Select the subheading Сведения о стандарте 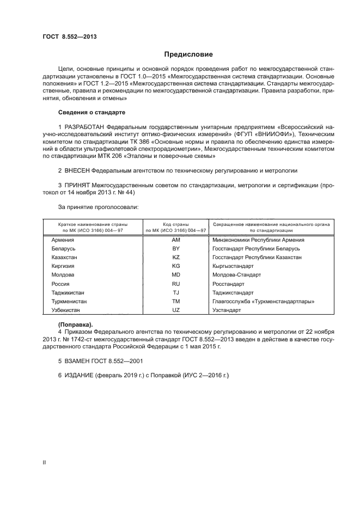click(x=91, y=112)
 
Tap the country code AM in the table click(x=175, y=240)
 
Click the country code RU click(x=175, y=284)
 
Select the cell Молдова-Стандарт click(x=237, y=275)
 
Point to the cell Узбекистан click(x=65, y=310)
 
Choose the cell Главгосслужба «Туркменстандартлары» click(x=264, y=301)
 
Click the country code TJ click(x=175, y=292)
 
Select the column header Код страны click(x=175, y=224)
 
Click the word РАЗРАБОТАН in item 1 click(x=84, y=127)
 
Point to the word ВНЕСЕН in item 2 click(x=77, y=170)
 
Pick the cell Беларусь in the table click(x=63, y=248)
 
